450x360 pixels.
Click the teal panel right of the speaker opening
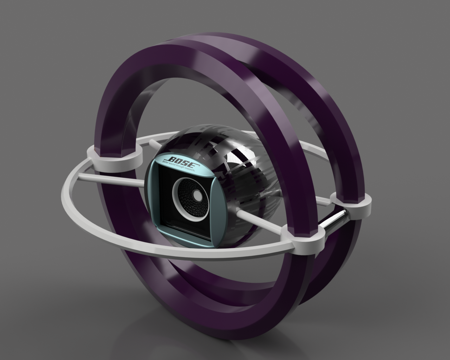point(217,207)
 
